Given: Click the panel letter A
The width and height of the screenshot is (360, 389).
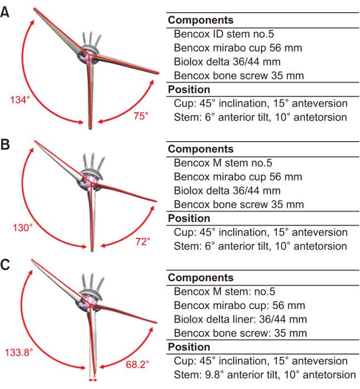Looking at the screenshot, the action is [5, 12].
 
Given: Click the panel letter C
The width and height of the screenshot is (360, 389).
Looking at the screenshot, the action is [5, 266].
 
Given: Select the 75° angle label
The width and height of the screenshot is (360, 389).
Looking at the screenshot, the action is [141, 116].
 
